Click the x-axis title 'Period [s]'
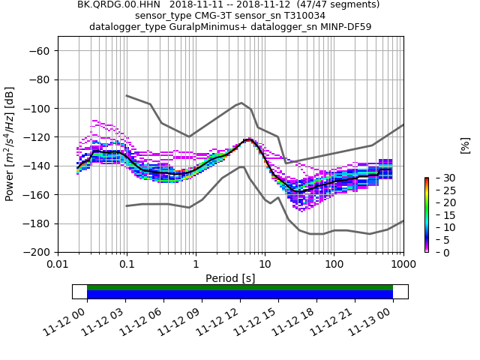[x=230, y=278]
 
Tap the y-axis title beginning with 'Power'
[x=10, y=144]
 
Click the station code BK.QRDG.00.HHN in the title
[x=118, y=4]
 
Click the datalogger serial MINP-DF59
[x=344, y=27]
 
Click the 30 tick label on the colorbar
[x=441, y=178]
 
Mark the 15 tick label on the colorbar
[x=441, y=215]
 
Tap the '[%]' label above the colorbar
[x=465, y=145]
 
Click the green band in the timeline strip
[x=240, y=287]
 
